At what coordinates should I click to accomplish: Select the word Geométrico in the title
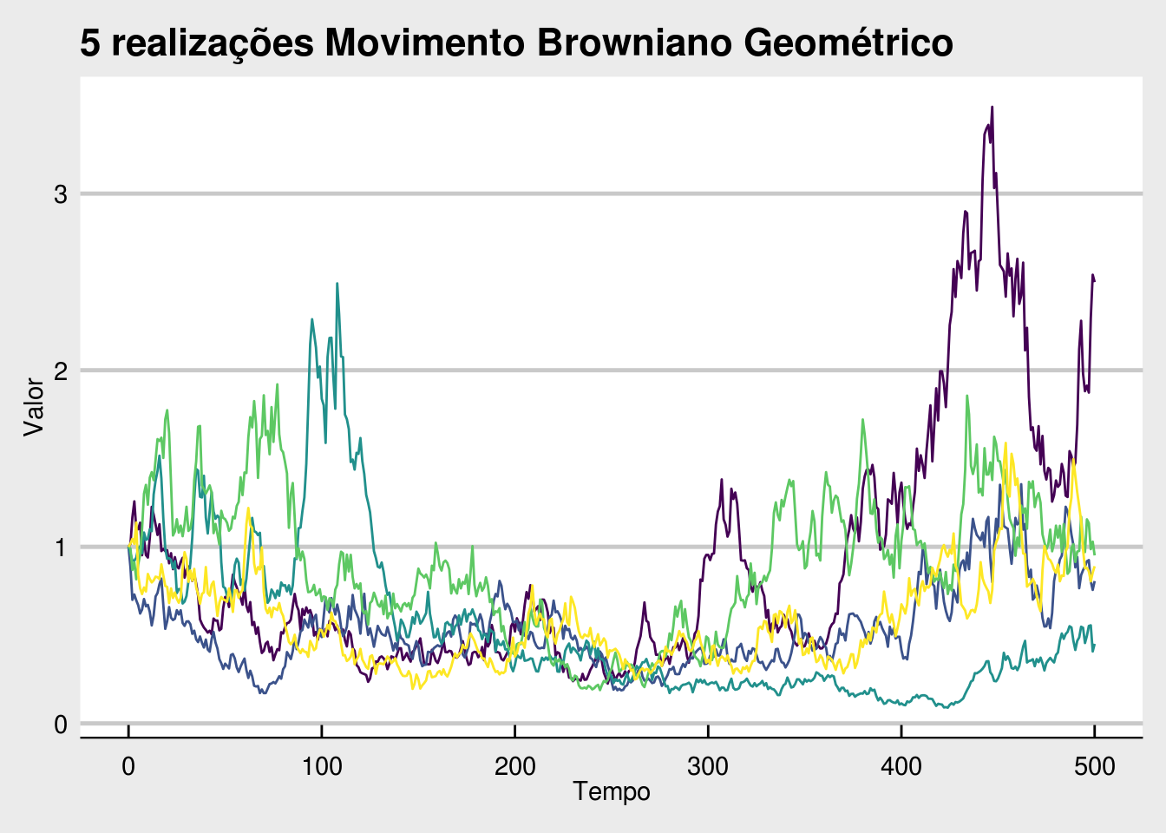(848, 43)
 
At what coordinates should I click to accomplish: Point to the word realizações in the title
(213, 43)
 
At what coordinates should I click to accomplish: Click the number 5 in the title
(90, 43)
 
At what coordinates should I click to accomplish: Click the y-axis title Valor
(34, 406)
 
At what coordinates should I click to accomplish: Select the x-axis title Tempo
(611, 791)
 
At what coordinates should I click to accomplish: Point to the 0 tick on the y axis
(61, 724)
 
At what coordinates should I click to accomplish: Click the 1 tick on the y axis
(61, 548)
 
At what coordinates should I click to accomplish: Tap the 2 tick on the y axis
(61, 371)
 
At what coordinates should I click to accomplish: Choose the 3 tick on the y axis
(61, 194)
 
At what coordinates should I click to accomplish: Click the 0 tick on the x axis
(128, 766)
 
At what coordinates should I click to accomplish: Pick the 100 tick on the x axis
(322, 766)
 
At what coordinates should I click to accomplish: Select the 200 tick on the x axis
(514, 766)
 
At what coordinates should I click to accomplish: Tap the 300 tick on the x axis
(708, 766)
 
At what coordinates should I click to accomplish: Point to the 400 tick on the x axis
(901, 766)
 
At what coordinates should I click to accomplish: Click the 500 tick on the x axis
(1095, 766)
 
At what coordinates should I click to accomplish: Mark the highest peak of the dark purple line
(992, 107)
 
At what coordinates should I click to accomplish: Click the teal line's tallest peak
(337, 283)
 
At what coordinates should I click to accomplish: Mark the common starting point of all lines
(128, 547)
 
